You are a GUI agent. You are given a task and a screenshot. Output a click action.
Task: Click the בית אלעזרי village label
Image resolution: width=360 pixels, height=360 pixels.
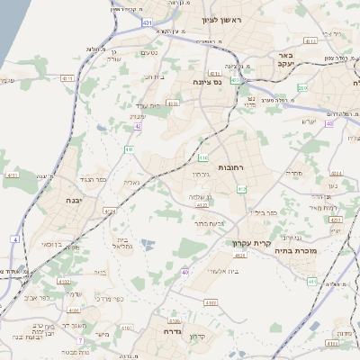[214, 273]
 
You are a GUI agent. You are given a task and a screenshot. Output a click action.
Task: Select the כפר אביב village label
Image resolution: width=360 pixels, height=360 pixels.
[41, 297]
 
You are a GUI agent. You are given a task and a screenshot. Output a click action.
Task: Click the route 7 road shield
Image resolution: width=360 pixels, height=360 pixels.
[80, 340]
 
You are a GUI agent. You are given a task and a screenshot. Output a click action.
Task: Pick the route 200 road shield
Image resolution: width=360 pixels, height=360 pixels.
[302, 87]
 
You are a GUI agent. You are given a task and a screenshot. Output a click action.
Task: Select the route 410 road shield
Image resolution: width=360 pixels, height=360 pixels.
[130, 149]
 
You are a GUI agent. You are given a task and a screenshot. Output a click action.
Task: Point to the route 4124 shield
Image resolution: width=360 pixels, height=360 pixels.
[110, 211]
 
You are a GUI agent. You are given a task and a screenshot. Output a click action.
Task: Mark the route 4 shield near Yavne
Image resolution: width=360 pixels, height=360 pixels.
[14, 239]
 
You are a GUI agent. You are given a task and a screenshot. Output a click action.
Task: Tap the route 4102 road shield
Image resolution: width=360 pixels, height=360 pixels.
[64, 282]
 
